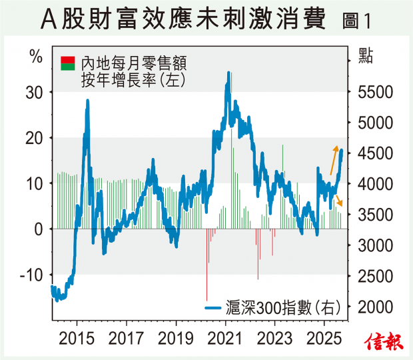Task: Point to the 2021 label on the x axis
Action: click(x=225, y=336)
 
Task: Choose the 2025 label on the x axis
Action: click(x=324, y=336)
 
